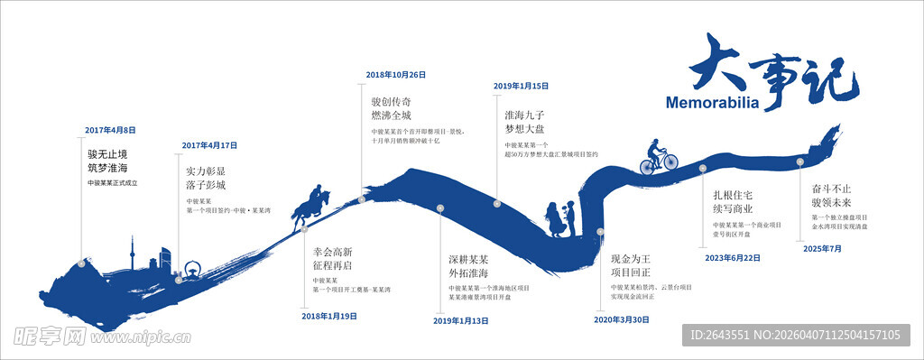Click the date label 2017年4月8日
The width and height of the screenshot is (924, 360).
111,130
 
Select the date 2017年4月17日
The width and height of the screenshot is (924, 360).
209,145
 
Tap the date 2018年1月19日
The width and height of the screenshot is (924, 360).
329,317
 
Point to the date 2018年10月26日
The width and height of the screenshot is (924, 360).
395,75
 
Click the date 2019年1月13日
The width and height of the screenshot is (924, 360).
461,320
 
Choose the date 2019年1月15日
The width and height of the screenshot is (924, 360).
522,86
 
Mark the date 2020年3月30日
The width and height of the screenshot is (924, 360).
623,319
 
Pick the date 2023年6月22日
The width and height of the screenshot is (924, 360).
733,257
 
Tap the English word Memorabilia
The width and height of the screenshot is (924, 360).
711,102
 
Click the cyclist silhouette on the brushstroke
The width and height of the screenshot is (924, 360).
659,156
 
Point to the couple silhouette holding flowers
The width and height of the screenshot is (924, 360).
559,220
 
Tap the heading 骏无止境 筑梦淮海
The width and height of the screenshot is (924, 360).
107,161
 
